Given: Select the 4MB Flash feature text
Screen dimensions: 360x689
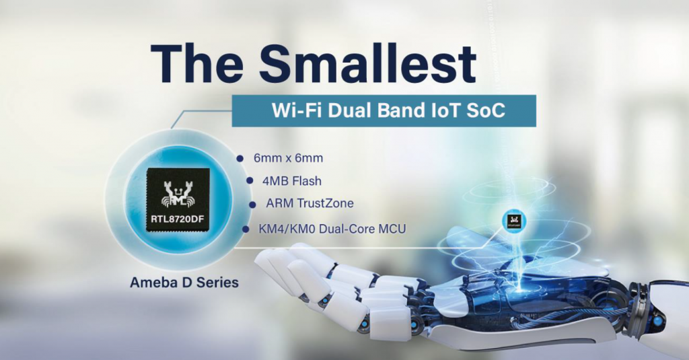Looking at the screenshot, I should (292, 180).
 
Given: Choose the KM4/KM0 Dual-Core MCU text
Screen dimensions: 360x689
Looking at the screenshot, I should (332, 229).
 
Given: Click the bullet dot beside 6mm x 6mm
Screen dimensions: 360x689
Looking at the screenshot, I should (240, 158).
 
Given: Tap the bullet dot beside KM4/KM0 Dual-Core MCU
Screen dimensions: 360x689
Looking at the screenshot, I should (246, 229).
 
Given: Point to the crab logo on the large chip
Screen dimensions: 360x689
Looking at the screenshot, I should (178, 193).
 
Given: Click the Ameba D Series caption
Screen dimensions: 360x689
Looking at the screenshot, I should (184, 282).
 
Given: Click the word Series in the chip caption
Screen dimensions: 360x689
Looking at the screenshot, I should (217, 282).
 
